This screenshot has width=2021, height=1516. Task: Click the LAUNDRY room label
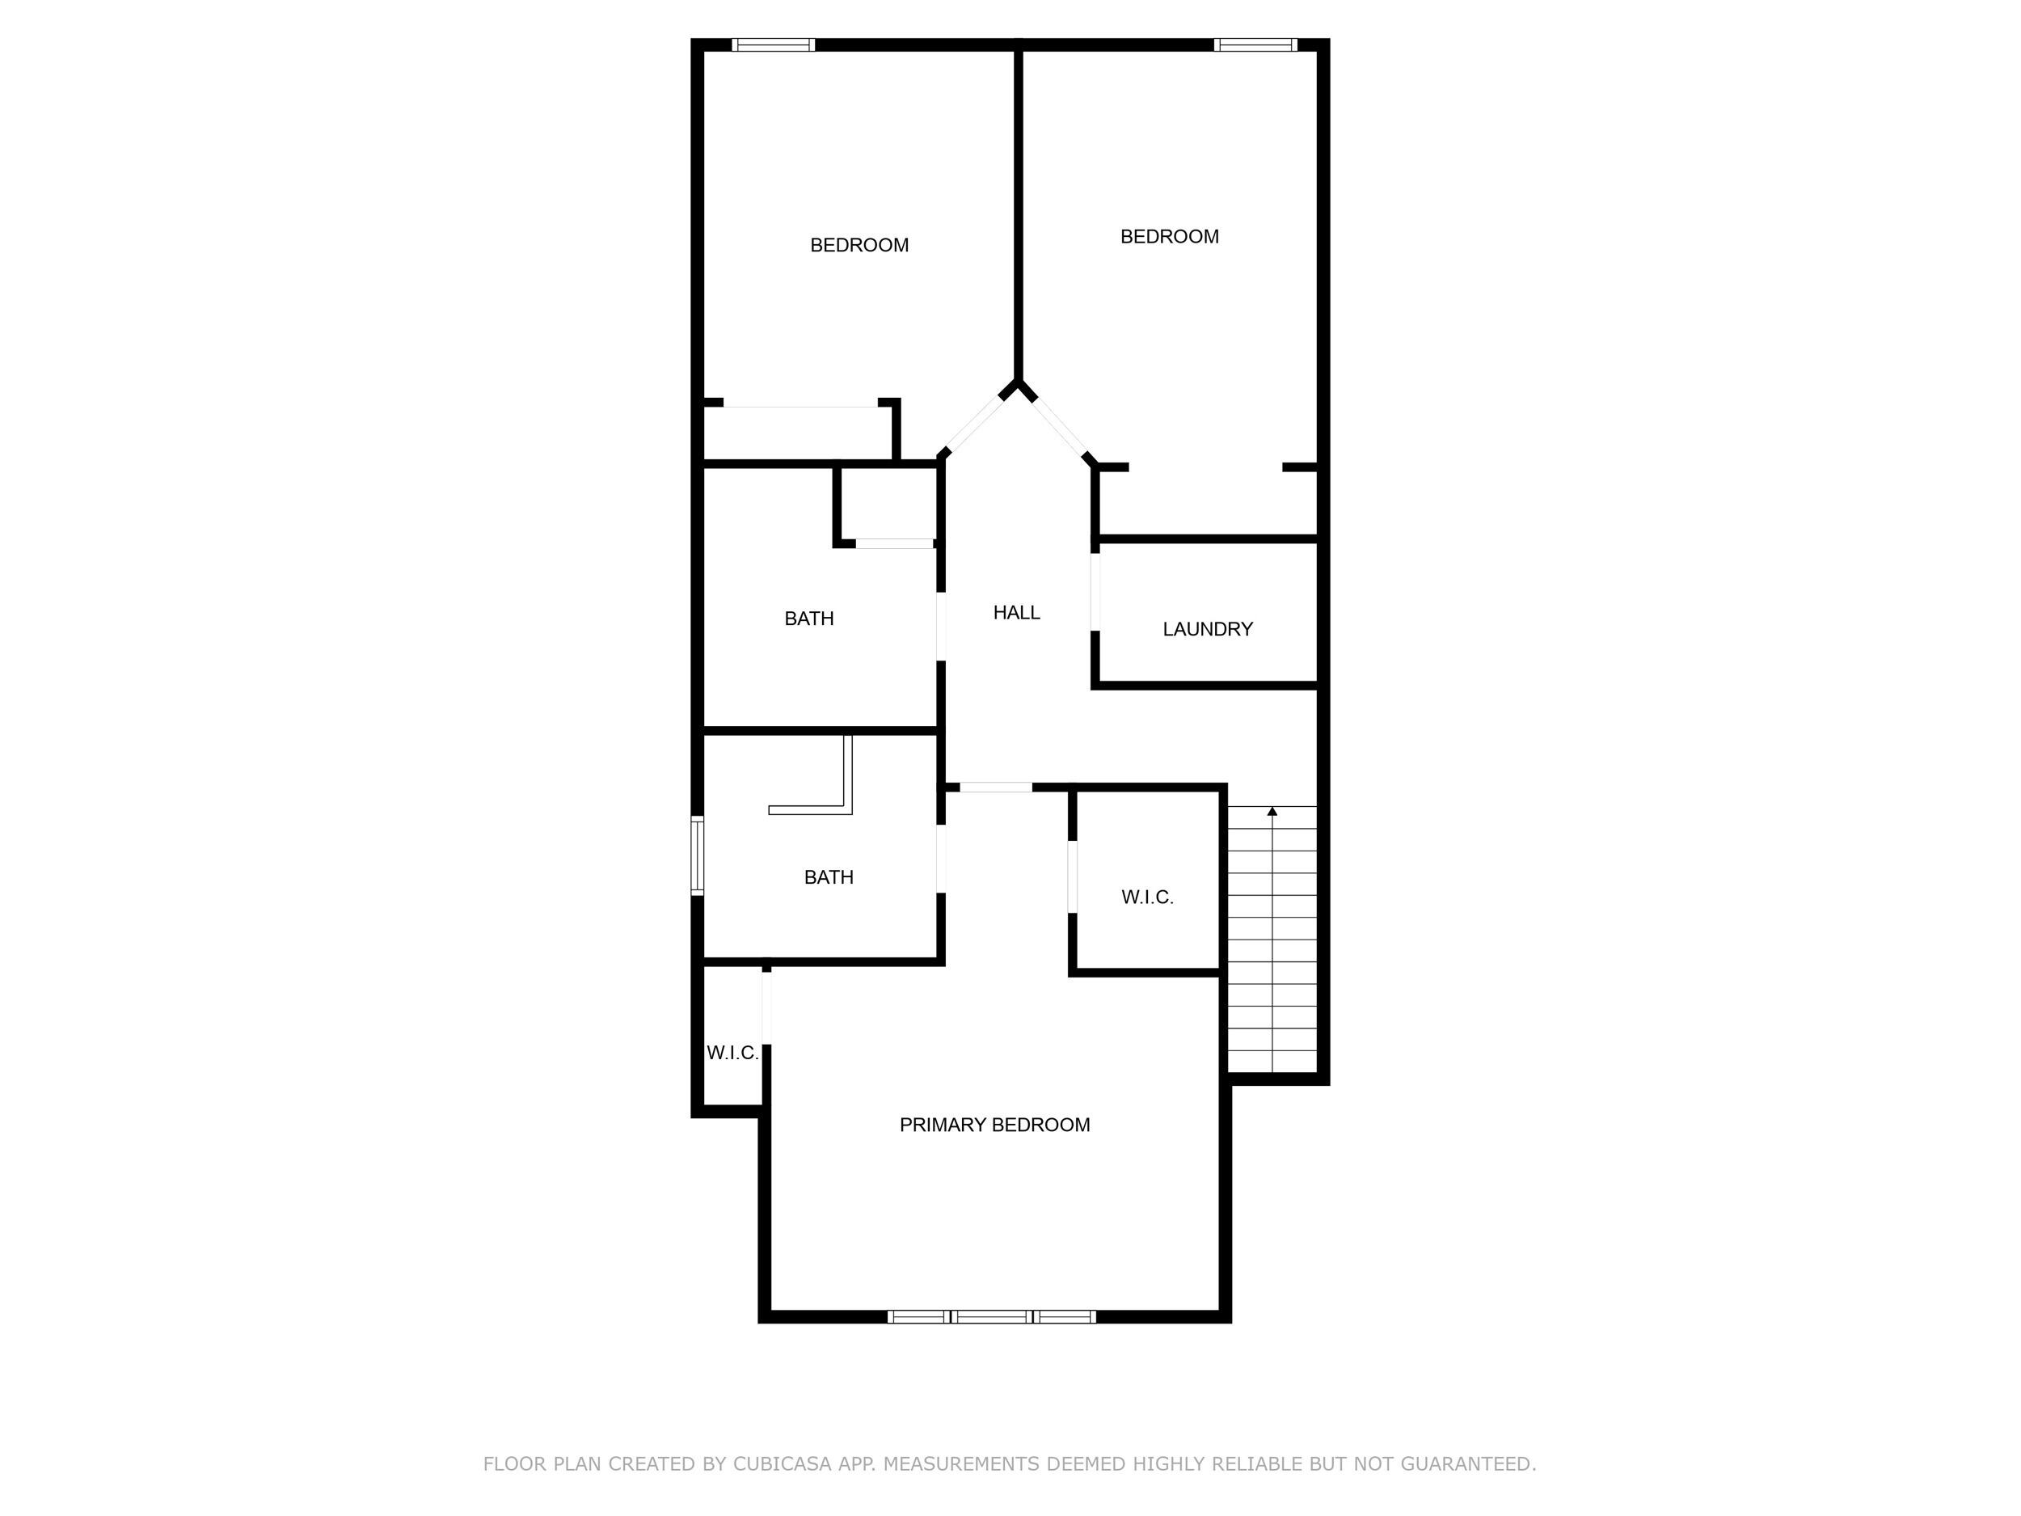click(1207, 629)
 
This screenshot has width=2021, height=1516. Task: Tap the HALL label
click(1016, 612)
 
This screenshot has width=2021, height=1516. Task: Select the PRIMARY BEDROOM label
click(994, 1125)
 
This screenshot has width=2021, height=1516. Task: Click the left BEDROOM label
click(859, 245)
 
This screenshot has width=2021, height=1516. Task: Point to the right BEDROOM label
click(1169, 237)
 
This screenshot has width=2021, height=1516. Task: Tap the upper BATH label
click(808, 619)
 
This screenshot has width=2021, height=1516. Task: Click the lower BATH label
click(828, 877)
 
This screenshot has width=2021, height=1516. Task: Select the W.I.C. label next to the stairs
click(1146, 897)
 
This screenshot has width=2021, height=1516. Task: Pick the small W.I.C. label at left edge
click(732, 1053)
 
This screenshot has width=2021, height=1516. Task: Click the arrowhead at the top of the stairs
click(1272, 810)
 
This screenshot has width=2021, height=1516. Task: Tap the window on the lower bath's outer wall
click(697, 855)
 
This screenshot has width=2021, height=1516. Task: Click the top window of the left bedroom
click(773, 44)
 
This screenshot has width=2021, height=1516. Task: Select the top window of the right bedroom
click(1255, 44)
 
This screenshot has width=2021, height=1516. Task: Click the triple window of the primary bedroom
click(991, 1317)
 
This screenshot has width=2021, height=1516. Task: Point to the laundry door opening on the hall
click(1095, 592)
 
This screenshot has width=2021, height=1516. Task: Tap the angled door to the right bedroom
click(1059, 425)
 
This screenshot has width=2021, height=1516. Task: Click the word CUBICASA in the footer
click(781, 1464)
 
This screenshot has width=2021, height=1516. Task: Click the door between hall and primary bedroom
click(995, 787)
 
